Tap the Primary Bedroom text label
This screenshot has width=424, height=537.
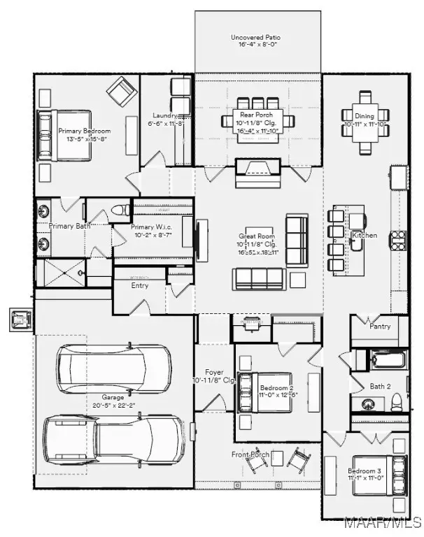coord(84,131)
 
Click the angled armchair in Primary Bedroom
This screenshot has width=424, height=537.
coord(121,89)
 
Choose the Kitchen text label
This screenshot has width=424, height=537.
coord(365,236)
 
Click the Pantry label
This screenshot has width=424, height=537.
coord(379,326)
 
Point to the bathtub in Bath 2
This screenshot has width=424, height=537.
coord(386,360)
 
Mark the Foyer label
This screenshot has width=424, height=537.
coord(213,372)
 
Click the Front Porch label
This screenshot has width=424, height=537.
coord(250,454)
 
